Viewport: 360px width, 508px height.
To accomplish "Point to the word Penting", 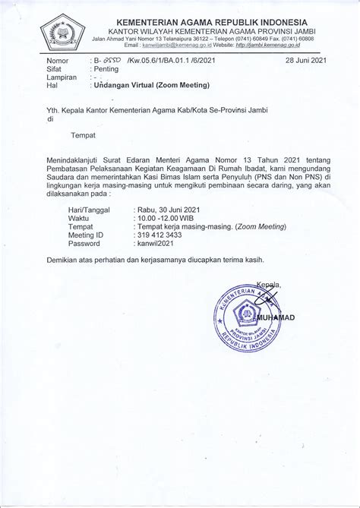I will coord(107,68).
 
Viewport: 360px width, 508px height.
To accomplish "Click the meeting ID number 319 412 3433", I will coord(161,235).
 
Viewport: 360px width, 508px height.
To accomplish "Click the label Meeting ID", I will coord(87,235).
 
